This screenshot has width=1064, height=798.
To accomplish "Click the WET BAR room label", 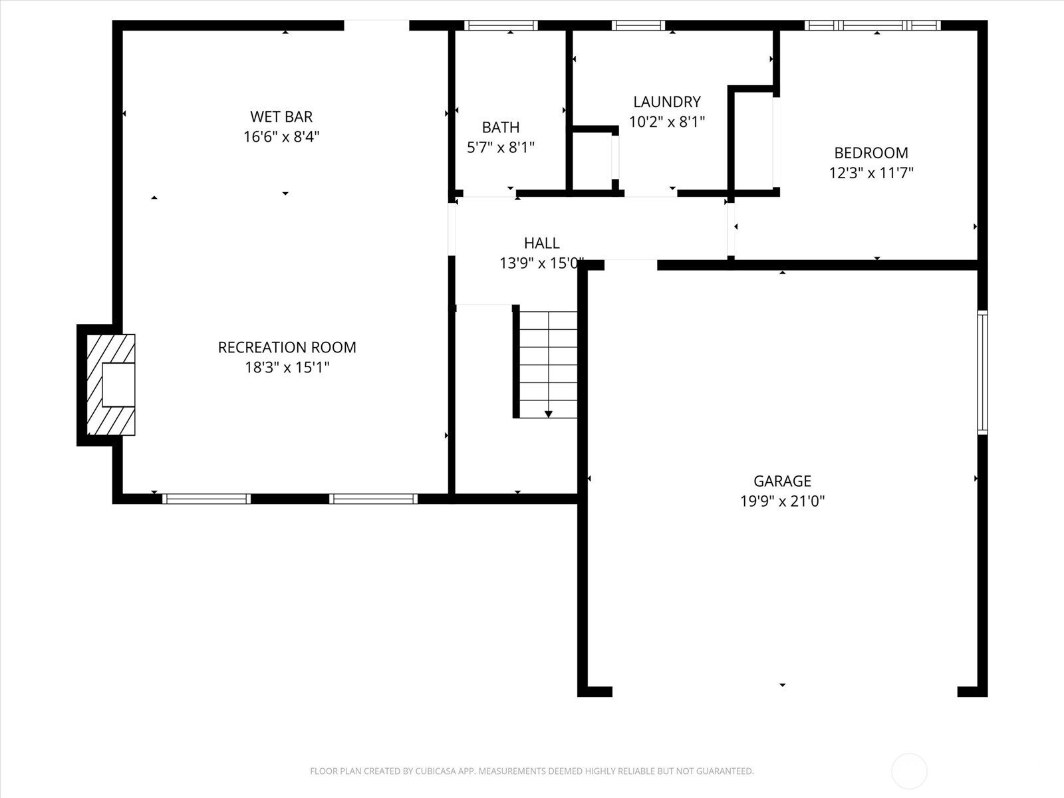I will pos(281,116).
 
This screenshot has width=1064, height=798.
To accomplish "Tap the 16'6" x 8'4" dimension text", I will pos(281,137).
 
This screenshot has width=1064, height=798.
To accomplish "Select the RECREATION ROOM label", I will pos(287,347).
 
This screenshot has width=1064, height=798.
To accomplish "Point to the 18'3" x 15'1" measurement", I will pos(287,367).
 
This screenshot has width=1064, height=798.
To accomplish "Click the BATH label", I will pos(501,127).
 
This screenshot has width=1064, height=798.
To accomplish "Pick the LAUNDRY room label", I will pos(666,102).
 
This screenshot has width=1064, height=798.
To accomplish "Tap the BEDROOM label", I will pos(870,153).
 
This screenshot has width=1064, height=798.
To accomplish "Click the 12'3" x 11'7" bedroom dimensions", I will pos(870,173).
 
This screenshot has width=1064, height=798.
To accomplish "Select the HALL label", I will pos(541,243).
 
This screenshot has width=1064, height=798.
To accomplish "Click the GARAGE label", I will pos(782,481).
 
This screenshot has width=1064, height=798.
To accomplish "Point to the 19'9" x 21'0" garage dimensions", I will pos(782,501).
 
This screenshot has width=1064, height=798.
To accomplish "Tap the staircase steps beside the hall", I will pos(548,364).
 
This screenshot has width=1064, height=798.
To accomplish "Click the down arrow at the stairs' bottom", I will pos(548,414).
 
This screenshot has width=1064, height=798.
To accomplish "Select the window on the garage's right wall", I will pos(982,372).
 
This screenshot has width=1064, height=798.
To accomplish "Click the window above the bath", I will pos(501,25).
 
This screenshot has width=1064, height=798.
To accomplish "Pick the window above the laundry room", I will pos(638,25).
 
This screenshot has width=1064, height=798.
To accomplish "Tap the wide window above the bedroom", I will pos(872,25).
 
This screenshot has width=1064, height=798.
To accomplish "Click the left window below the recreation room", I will pos(206,499).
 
